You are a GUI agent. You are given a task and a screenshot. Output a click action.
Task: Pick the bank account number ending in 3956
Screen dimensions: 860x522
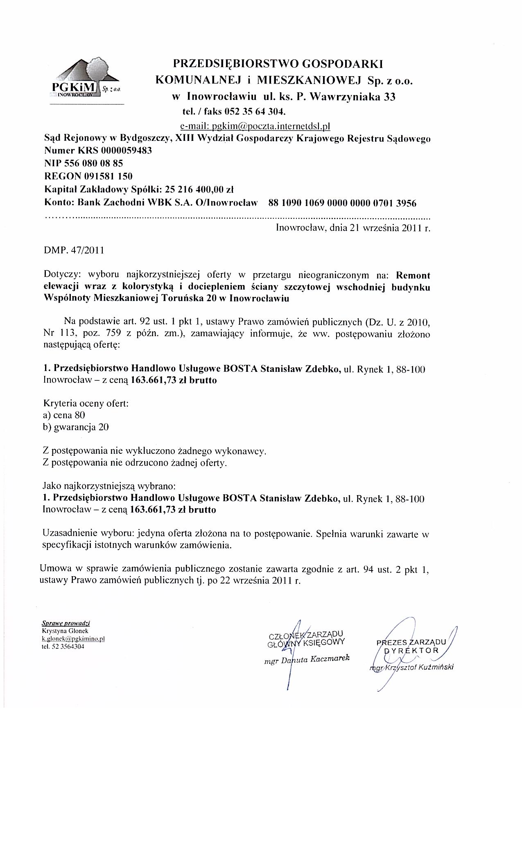[342, 203]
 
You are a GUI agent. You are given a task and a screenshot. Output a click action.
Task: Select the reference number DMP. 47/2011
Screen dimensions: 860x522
[74, 250]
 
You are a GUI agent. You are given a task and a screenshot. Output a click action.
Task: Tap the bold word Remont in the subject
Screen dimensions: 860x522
[414, 275]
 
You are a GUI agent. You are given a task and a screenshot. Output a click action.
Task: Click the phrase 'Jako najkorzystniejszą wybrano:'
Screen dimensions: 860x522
[109, 487]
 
